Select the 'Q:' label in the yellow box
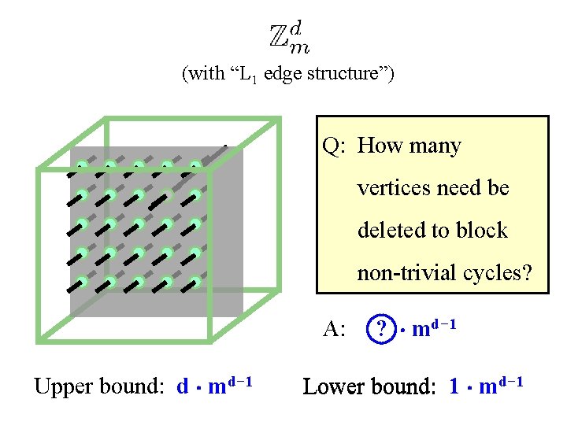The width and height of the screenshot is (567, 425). [x=335, y=146]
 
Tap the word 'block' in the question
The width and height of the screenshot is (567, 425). [x=486, y=231]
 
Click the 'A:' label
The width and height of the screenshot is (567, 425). [x=335, y=329]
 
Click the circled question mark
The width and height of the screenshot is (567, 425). [x=382, y=328]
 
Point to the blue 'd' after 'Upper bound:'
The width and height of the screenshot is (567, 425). [x=183, y=386]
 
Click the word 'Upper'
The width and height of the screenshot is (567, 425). [x=61, y=387]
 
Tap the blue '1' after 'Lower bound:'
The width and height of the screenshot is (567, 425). [x=454, y=386]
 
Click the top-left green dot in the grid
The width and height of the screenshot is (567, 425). [x=81, y=166]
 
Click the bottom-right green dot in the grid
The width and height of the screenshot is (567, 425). [x=195, y=280]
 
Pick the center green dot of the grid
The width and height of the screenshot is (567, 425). [x=139, y=223]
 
